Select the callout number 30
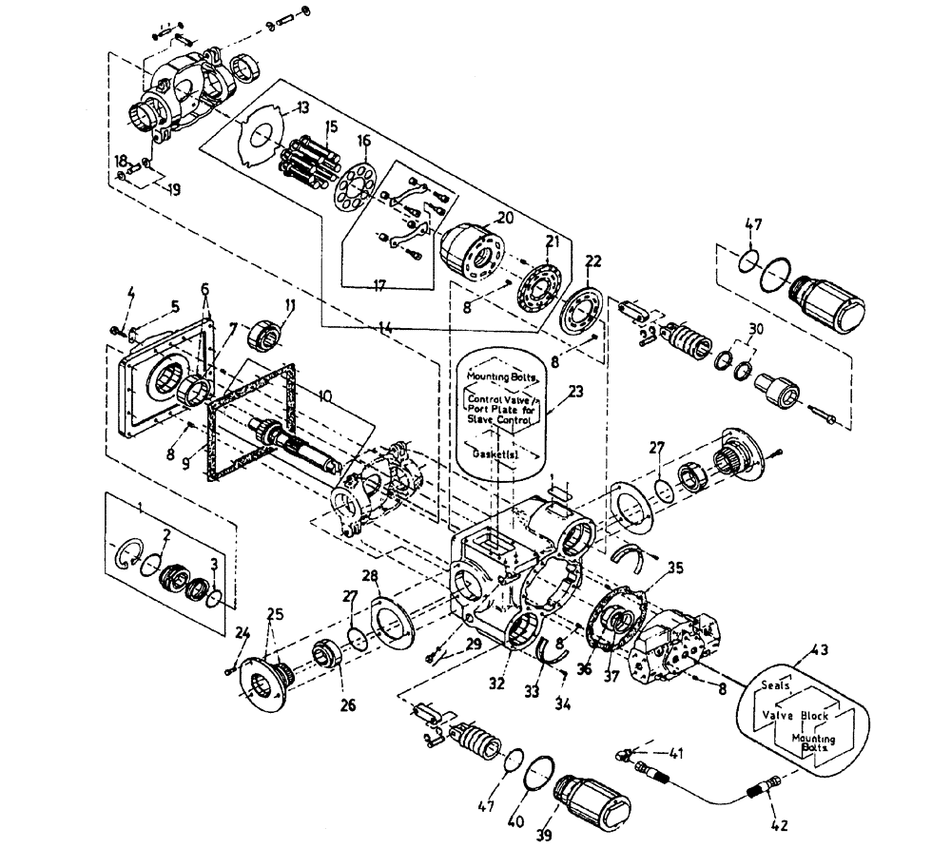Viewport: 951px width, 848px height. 755,329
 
